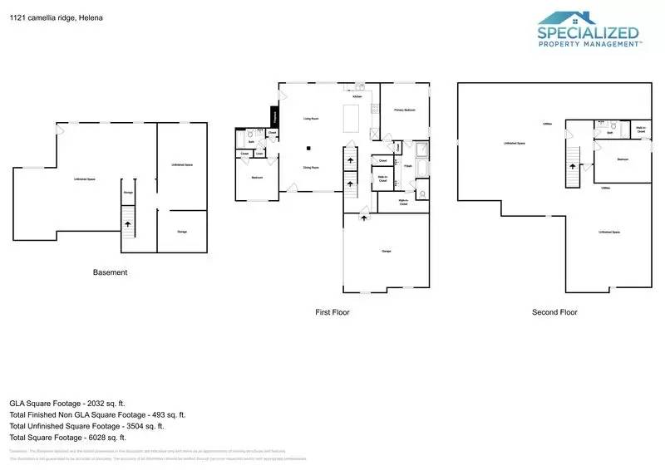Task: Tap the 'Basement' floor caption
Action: coord(109,272)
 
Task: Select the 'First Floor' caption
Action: coord(332,312)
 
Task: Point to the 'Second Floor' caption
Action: coord(554,312)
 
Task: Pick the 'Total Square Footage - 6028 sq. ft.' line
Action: coord(67,437)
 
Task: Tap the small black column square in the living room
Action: coord(309,148)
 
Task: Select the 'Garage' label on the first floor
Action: coord(387,251)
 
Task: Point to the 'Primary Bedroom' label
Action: coord(405,110)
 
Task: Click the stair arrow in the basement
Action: coord(127,223)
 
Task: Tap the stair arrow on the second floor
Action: coord(572,165)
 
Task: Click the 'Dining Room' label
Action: coord(311,167)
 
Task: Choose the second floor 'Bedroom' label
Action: coord(622,159)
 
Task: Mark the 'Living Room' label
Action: coord(312,119)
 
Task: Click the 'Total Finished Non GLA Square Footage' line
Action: coord(97,414)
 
